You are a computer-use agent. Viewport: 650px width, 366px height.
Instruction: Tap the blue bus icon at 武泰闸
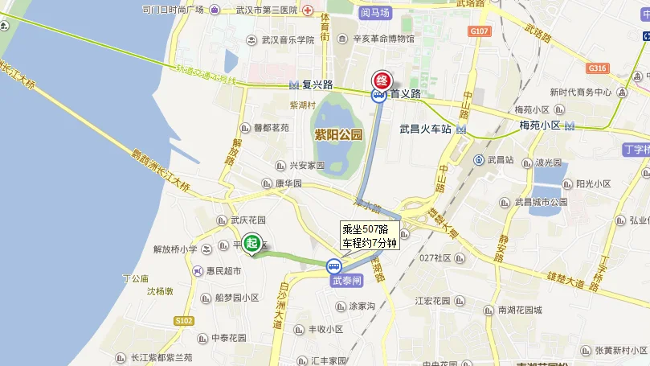pos(333,266)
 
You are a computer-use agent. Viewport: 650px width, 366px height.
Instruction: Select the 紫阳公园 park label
pos(338,134)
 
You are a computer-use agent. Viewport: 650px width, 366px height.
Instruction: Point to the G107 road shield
pos(479,31)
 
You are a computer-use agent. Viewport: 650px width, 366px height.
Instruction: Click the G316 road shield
pos(597,68)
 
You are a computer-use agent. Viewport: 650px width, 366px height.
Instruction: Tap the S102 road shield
pos(184,320)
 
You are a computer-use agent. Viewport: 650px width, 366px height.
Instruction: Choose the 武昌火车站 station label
pos(426,129)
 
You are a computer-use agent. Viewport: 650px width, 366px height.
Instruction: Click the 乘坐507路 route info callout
pos(370,236)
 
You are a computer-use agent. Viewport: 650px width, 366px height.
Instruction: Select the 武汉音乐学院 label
pos(287,39)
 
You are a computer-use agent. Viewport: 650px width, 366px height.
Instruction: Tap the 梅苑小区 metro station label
pos(540,125)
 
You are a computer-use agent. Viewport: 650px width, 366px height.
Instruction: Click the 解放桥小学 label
pos(175,249)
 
